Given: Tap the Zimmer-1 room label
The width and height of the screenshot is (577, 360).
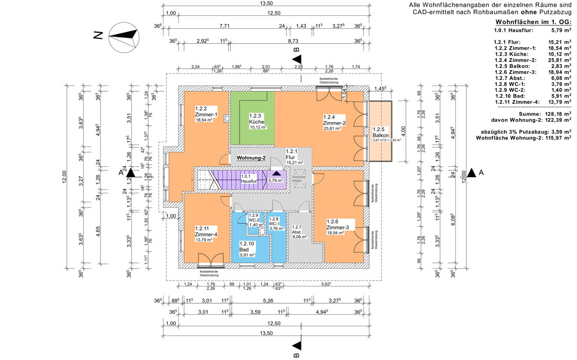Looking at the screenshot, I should [x=206, y=115].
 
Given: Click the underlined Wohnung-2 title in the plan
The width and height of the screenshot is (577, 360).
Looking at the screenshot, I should [x=251, y=158].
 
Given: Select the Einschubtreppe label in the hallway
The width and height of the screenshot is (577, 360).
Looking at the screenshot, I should [x=300, y=179].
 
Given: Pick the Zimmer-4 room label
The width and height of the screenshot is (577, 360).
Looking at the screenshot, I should [x=206, y=234].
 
